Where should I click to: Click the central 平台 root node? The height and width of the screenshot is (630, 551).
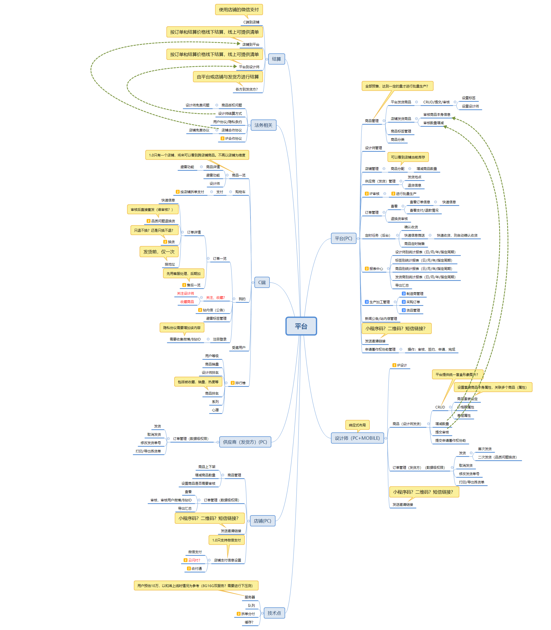pos(301,326)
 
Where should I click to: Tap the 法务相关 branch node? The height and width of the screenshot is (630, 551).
pos(264,125)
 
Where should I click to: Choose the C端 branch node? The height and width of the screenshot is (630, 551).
pos(262,282)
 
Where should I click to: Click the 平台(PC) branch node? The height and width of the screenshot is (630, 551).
pos(343,238)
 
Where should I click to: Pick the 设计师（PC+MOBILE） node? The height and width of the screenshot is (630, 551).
pos(357,438)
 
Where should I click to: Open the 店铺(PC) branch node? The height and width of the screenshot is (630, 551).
pos(262,521)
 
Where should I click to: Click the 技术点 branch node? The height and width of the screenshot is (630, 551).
pos(274,613)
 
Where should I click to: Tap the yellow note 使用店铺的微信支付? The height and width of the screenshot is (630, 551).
pos(239,10)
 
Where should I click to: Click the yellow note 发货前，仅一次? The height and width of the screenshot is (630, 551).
pos(159,251)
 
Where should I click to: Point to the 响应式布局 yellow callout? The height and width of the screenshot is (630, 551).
pos(357,425)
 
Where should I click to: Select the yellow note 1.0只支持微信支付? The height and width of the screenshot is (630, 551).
pos(227,540)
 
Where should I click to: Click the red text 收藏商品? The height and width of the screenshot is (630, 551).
pos(187,302)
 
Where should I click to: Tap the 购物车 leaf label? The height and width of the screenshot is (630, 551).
pos(240,192)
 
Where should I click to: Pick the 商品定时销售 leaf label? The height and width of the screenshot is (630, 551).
pos(414,244)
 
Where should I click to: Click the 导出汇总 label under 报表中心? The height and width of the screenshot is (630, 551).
pos(402,285)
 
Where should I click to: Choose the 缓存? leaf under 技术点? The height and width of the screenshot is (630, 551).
pos(249,622)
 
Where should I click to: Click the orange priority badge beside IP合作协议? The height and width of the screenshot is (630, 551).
pos(223,138)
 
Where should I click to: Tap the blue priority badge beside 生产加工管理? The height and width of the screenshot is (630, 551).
pos(367,302)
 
